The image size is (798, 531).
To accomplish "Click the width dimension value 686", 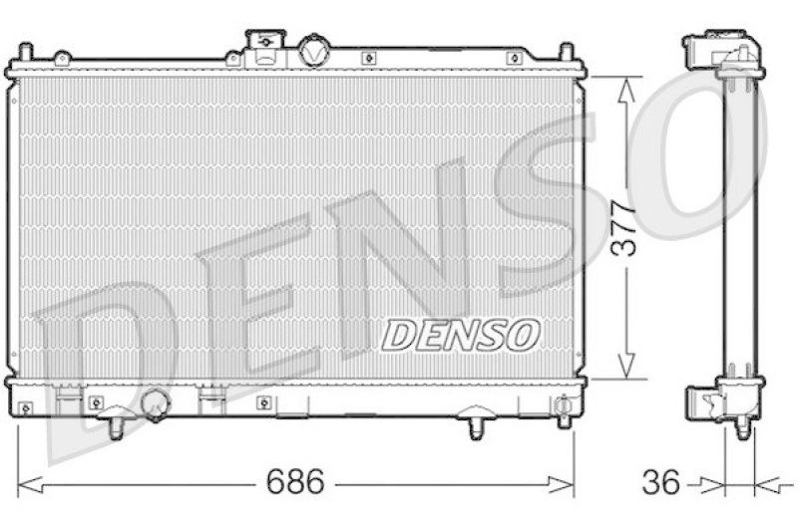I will click(x=294, y=484).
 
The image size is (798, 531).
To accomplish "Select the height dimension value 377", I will click(x=625, y=228).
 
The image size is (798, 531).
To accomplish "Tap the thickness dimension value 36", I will click(x=661, y=484).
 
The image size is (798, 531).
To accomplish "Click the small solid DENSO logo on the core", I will click(x=460, y=336).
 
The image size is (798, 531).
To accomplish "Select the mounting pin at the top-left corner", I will click(x=26, y=52).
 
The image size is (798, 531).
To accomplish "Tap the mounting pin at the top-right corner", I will click(x=566, y=52).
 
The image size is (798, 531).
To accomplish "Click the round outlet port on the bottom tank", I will click(x=156, y=403).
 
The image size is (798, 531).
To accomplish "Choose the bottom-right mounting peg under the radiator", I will click(x=476, y=425).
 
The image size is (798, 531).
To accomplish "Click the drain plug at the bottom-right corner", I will click(x=566, y=407).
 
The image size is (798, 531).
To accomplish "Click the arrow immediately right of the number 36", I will click(x=710, y=485).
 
